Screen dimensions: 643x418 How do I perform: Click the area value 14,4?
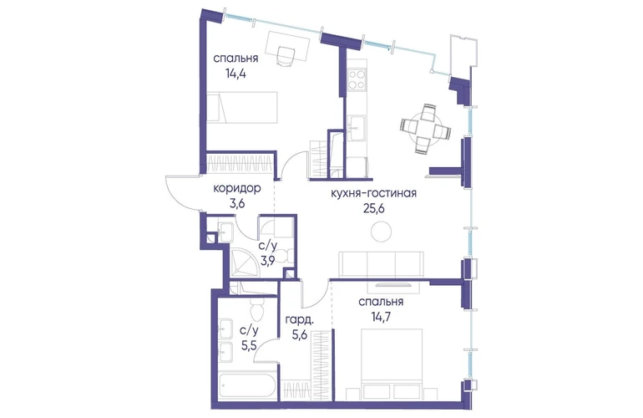tap(235, 74)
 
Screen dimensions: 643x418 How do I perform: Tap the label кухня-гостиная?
tap(373, 192)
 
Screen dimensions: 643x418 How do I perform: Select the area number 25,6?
tap(373, 209)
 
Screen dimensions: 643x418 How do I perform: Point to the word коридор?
tap(237, 188)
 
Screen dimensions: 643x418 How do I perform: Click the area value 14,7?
tap(381, 317)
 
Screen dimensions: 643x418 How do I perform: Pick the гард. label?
tap(300, 320)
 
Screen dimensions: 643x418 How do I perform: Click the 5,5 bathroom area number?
tap(249, 345)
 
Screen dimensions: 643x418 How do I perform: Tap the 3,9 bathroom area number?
tap(268, 260)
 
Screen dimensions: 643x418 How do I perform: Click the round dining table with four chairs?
tap(425, 129)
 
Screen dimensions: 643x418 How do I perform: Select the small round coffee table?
tap(381, 232)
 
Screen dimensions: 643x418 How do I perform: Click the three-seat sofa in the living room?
tap(381, 264)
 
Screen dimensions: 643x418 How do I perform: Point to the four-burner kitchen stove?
tap(357, 79)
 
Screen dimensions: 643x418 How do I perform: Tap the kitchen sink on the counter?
tap(356, 128)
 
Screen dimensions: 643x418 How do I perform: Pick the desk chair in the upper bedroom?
tap(286, 55)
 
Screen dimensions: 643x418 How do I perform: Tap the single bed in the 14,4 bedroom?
tap(242, 107)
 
